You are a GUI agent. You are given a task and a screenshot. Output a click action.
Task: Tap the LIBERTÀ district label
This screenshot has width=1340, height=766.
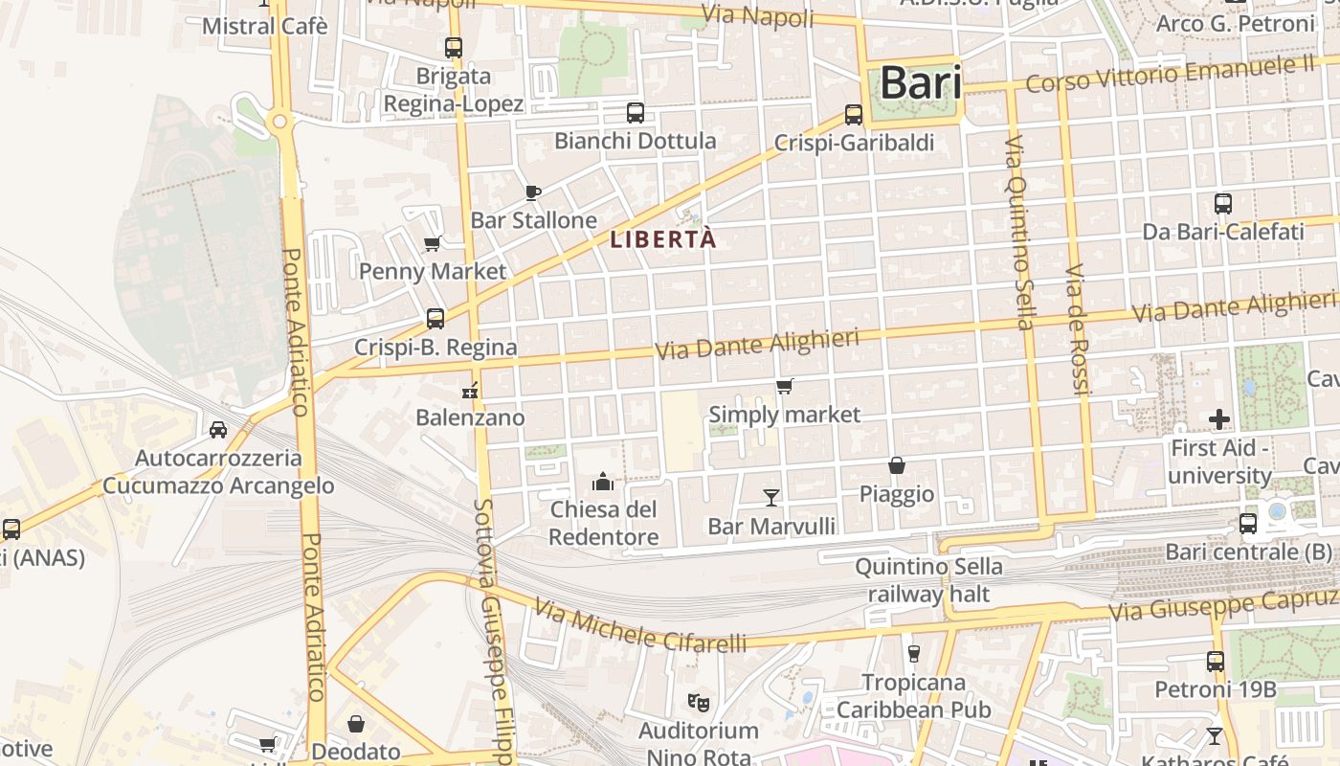tap(662, 239)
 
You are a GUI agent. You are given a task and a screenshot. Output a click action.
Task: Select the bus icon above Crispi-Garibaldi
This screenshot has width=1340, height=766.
tap(854, 115)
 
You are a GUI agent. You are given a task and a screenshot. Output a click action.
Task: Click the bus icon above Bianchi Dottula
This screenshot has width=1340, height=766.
tap(635, 113)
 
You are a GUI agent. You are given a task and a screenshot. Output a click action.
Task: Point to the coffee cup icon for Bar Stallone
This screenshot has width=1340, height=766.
tap(533, 193)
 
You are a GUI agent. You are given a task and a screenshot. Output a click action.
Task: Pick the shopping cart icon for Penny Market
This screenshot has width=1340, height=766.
tap(432, 244)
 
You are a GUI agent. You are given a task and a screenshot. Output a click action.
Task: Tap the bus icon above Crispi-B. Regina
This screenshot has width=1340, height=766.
tap(435, 319)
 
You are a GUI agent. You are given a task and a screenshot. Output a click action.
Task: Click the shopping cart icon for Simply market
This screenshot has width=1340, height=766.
tap(785, 387)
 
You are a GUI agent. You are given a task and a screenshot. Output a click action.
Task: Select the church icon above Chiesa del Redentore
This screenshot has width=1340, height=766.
tap(603, 481)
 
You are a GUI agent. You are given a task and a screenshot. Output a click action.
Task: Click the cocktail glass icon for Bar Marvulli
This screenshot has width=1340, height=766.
tap(771, 497)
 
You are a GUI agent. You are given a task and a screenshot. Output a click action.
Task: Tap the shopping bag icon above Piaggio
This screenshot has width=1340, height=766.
tap(897, 466)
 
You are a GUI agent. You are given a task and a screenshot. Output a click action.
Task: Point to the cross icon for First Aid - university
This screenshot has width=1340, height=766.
tap(1219, 419)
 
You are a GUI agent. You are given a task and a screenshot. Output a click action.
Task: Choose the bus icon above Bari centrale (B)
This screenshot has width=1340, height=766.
tap(1248, 524)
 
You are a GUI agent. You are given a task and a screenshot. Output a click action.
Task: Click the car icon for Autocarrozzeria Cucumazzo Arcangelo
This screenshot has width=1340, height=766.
tap(218, 430)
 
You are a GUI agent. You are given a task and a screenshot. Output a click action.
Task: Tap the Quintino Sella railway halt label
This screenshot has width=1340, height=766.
tap(928, 580)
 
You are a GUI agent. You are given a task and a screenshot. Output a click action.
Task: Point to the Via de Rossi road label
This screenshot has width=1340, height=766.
tap(1078, 330)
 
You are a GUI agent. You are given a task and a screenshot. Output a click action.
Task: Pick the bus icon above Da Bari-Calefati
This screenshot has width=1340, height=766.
tap(1222, 204)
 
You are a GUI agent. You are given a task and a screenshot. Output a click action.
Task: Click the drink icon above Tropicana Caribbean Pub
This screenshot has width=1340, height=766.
tap(913, 654)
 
